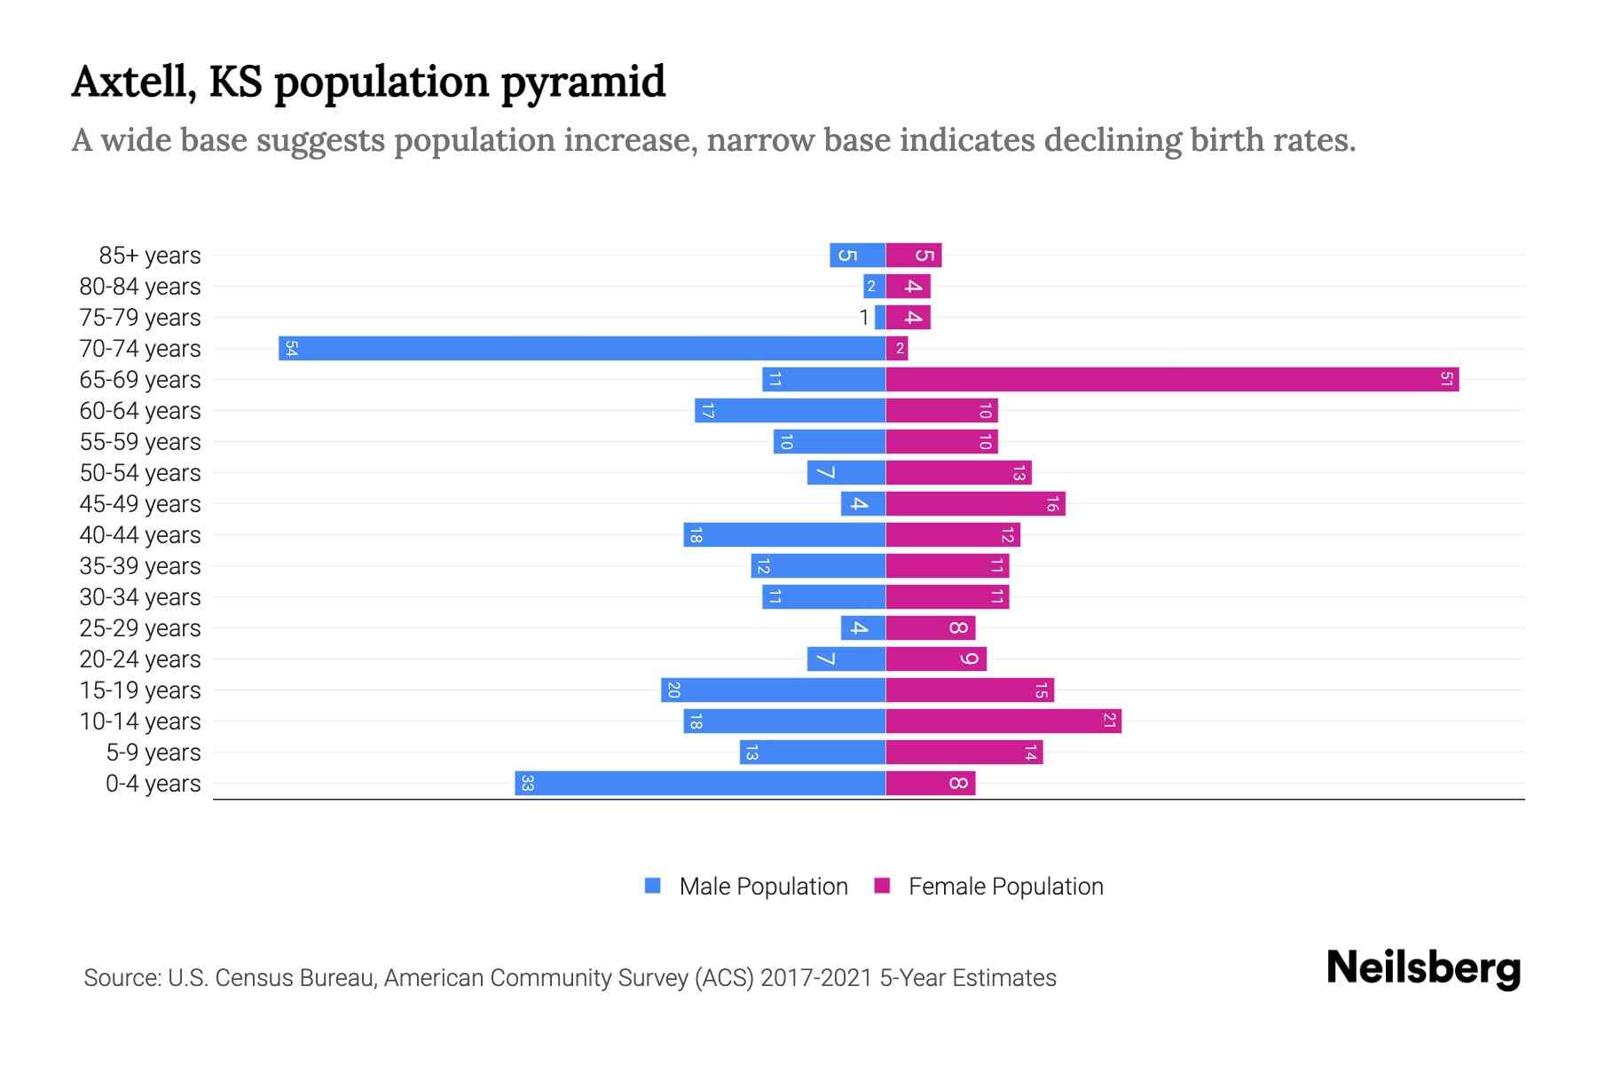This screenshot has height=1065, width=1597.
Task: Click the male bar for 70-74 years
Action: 582,349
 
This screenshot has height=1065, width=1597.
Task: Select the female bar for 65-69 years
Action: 1171,380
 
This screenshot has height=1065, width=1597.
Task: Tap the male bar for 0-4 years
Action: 700,784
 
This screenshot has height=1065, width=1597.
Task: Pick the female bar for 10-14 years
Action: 1003,722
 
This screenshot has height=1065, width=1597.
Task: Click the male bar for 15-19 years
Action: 773,690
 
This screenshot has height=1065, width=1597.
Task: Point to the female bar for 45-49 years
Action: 975,504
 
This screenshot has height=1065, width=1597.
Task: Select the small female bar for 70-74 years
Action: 897,349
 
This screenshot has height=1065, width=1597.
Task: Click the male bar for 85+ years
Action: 857,256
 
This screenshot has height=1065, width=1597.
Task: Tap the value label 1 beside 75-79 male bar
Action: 864,318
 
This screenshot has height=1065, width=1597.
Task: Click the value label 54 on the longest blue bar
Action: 291,349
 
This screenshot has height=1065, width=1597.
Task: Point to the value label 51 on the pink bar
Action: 1447,380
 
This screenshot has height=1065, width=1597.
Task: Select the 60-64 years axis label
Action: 140,411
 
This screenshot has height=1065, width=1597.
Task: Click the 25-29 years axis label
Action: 140,628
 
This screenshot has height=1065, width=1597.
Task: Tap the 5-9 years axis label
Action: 153,753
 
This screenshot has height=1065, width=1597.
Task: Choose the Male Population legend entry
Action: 762,887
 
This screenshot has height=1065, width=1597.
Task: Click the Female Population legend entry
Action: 1005,887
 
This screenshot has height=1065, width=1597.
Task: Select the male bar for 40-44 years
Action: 784,535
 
